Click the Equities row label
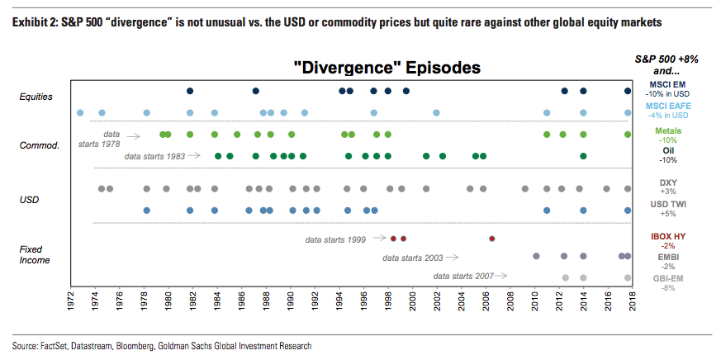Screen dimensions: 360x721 coord(36,97)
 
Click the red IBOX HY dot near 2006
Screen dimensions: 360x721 coord(491,238)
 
